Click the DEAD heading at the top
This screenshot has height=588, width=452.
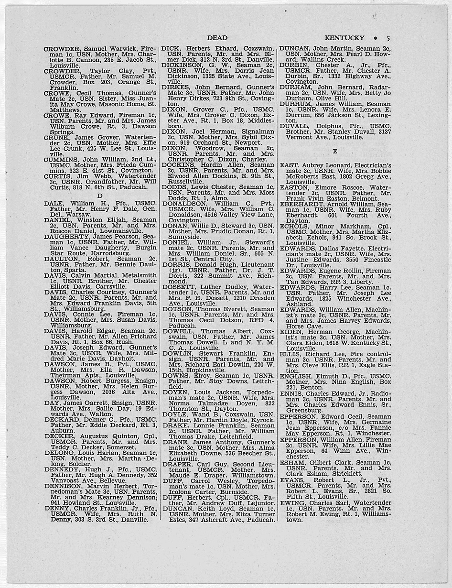coord(217,38)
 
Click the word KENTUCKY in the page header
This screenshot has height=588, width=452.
coord(344,38)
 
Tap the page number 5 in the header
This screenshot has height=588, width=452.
coord(388,38)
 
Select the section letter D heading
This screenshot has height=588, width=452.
coord(100,196)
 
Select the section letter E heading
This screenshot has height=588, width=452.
coord(335,151)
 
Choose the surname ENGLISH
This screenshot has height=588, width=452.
coord(297,376)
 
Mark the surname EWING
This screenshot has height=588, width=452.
coord(292,503)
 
